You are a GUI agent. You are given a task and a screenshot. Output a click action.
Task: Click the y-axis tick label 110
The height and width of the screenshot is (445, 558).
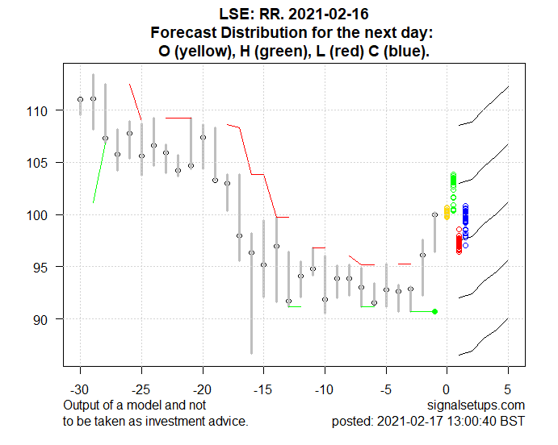coord(44,110)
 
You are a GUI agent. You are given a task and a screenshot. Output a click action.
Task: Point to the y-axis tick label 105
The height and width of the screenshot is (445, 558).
coord(44,163)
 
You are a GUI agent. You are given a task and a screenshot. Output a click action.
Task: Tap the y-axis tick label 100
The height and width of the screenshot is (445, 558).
coord(44,215)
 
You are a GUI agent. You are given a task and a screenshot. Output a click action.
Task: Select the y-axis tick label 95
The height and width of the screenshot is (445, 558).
coord(48,267)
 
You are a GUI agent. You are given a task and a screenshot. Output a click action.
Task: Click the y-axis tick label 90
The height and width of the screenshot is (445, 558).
coord(48,319)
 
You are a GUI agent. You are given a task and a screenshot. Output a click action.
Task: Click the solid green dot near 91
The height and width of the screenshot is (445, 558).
coord(435,311)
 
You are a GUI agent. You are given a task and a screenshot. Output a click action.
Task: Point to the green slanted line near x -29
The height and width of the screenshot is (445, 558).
coord(99,170)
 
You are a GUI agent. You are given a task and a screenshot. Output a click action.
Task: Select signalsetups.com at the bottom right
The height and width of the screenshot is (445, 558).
coord(479,405)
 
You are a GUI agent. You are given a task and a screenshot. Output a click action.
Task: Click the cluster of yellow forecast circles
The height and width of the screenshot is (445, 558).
coord(447,212)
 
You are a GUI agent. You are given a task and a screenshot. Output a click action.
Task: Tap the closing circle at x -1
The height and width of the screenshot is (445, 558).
coord(435,214)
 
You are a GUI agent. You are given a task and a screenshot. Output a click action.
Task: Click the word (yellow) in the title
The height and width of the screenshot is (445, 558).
coord(208,51)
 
